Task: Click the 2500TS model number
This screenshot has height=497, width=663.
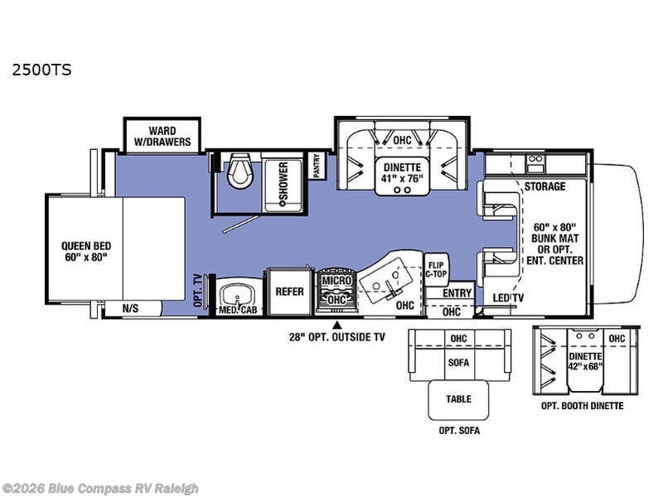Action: pos(42,70)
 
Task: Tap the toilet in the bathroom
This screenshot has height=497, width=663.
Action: pos(240,171)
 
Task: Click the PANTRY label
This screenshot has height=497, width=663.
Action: pos(317,166)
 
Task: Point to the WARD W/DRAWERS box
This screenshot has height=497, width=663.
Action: pos(162,136)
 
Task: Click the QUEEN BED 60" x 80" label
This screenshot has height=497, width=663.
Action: pos(86,252)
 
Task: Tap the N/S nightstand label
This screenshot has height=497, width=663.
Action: pos(130,308)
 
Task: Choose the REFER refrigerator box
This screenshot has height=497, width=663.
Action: pos(289,292)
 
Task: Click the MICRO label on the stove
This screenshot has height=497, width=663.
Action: pos(337,280)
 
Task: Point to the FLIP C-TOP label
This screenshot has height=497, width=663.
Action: pos(436,269)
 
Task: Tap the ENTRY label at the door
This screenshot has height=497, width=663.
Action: pos(457,293)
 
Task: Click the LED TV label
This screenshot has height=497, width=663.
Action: pos(508,298)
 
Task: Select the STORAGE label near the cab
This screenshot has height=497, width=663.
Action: pos(545,186)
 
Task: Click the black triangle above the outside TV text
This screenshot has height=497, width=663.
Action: pos(337,325)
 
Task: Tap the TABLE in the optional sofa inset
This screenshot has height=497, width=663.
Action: pos(459,399)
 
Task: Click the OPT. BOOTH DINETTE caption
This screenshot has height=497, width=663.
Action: pos(583,406)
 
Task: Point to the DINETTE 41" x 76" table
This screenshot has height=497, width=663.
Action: pos(402,174)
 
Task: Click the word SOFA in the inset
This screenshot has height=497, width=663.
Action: pos(459,363)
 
